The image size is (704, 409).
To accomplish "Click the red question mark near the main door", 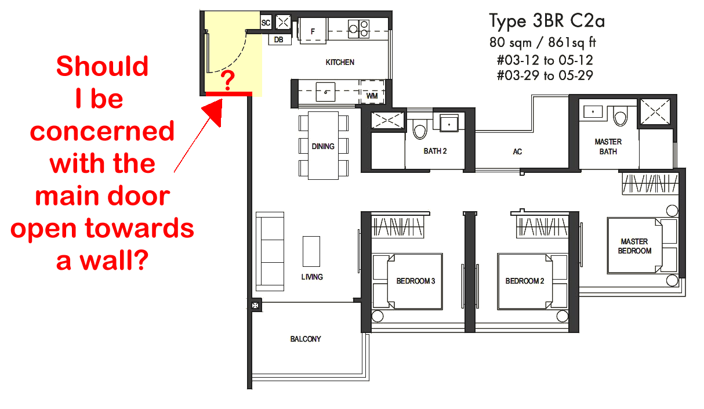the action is click(x=227, y=80).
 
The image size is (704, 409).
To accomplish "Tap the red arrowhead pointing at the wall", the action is click(x=215, y=111).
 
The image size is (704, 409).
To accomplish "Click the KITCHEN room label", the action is click(x=340, y=62).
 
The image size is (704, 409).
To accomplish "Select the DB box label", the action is click(x=278, y=40).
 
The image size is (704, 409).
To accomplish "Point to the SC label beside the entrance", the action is click(x=266, y=23).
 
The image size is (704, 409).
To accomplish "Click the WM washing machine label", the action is click(x=372, y=96).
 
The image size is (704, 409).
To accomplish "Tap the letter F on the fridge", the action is click(x=313, y=31).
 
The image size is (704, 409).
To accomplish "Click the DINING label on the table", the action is click(x=323, y=146).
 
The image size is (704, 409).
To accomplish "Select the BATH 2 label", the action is click(x=435, y=151).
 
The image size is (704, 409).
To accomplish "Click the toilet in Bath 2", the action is click(x=420, y=129).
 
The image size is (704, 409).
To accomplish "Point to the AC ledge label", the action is click(x=517, y=152).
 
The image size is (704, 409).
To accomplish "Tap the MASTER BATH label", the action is click(x=608, y=147).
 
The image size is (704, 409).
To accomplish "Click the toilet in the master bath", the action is click(x=620, y=115).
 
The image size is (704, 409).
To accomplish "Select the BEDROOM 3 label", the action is click(x=415, y=281).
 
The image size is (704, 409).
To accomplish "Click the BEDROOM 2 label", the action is click(x=525, y=281).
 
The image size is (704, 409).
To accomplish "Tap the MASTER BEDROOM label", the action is click(x=634, y=246).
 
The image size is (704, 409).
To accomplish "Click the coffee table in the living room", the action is click(x=311, y=252).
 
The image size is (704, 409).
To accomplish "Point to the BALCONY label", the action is click(x=306, y=339).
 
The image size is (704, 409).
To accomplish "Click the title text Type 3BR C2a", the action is click(x=547, y=21).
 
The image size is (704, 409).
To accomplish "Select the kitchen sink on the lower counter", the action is click(x=325, y=92).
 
